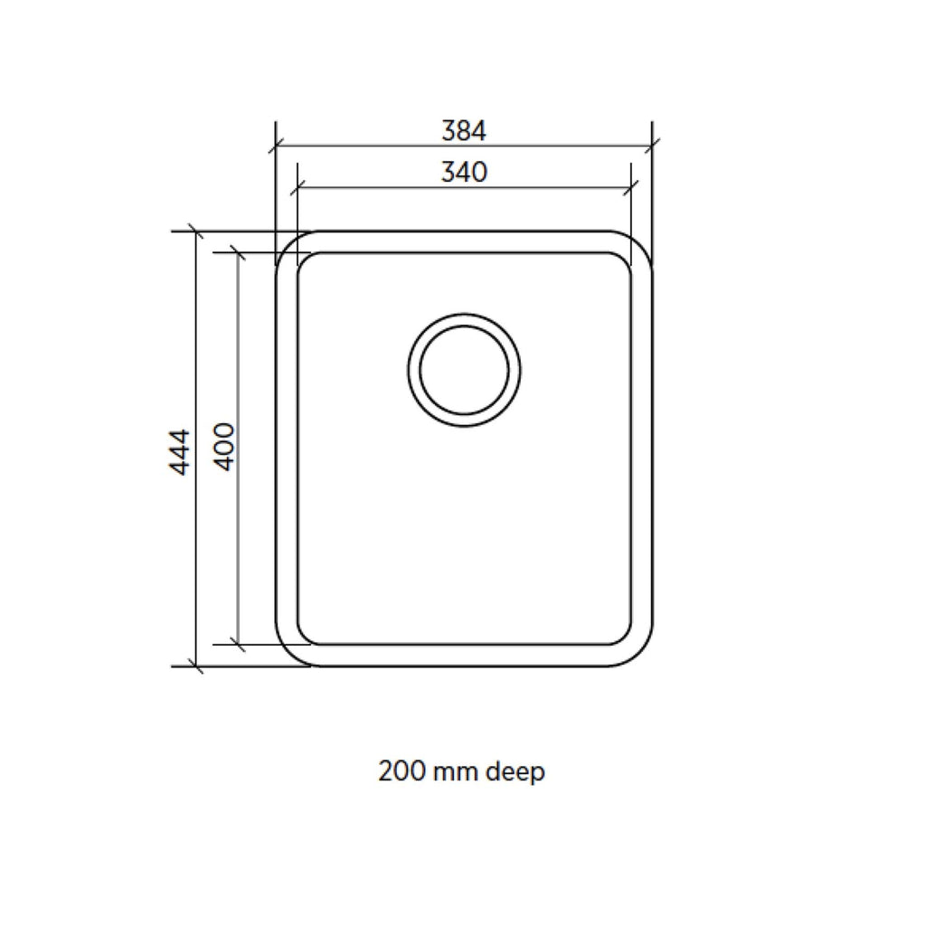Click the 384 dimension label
pyautogui.click(x=464, y=130)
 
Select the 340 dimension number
pyautogui.click(x=464, y=172)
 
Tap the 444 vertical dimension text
pyautogui.click(x=180, y=452)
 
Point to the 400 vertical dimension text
pyautogui.click(x=224, y=447)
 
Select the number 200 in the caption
pyautogui.click(x=402, y=770)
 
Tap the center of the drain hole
pyautogui.click(x=464, y=370)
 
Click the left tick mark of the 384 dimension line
pyautogui.click(x=276, y=146)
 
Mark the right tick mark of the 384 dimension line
pyautogui.click(x=652, y=146)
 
